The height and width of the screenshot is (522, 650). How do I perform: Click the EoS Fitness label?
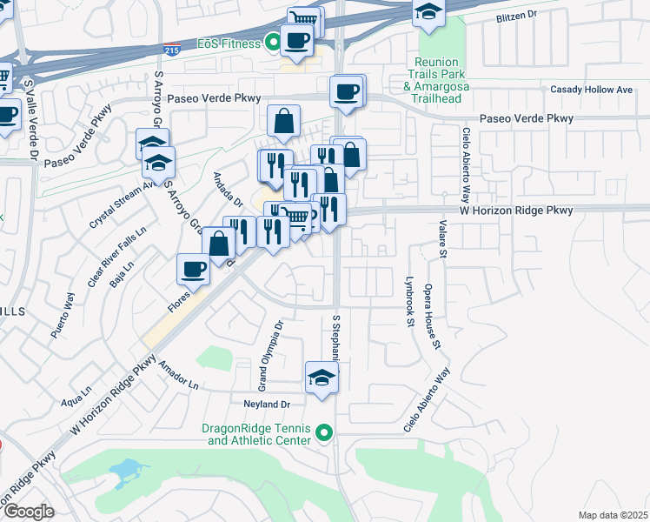coord(227,43)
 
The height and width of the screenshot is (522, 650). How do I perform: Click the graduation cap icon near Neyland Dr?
coord(322,378)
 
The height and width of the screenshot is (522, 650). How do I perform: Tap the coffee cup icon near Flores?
coord(193,268)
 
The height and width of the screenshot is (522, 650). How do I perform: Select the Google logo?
coord(28,511)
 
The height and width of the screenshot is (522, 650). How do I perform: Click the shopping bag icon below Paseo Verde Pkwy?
coord(284,122)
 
